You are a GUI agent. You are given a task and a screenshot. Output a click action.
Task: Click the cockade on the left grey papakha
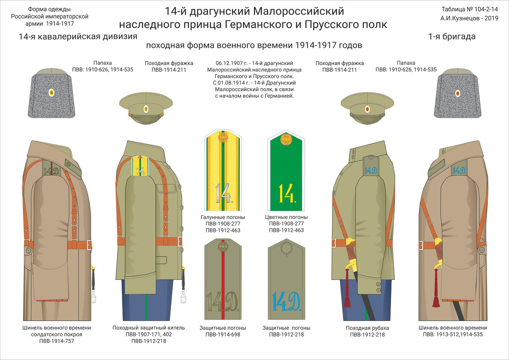pyautogui.click(x=51, y=93)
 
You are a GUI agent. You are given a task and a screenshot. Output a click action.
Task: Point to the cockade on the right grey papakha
pyautogui.click(x=458, y=93)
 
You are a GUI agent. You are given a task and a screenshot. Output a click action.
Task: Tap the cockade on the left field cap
pyautogui.click(x=146, y=109)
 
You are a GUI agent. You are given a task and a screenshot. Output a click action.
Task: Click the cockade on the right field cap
pyautogui.click(x=367, y=109)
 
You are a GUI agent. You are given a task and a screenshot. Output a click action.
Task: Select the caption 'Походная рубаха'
pyautogui.click(x=367, y=328)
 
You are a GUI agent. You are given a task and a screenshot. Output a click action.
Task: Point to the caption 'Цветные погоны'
pyautogui.click(x=287, y=217)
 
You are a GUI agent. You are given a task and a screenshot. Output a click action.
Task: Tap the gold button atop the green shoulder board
pyautogui.click(x=287, y=139)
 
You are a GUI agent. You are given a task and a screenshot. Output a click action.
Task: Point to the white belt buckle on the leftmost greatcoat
pyautogui.click(x=89, y=245)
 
